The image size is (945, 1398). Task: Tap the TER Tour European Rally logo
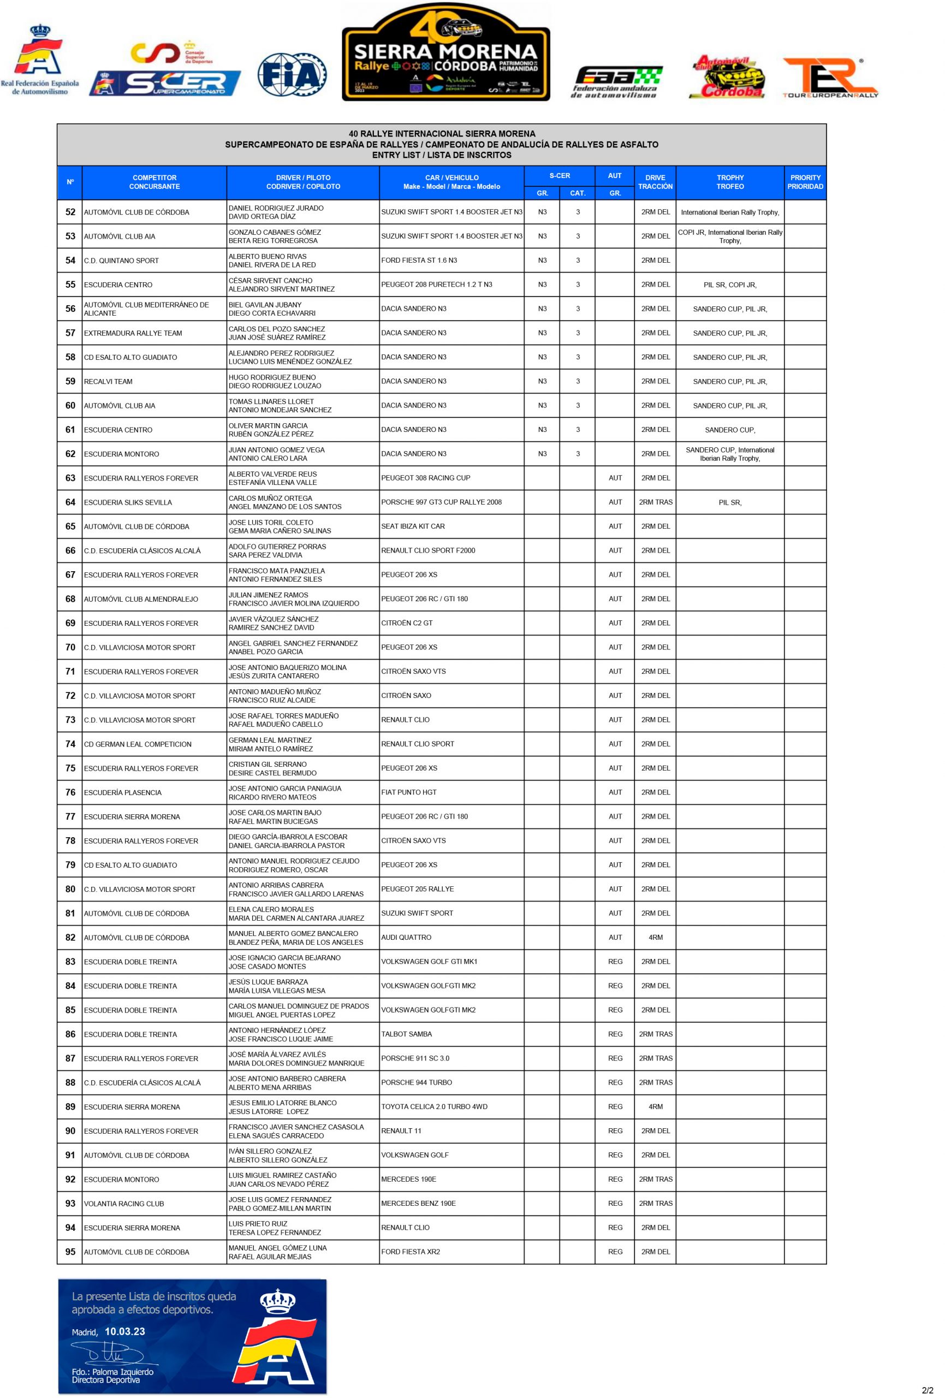click(x=830, y=78)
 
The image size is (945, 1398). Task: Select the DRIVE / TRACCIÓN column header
click(x=655, y=182)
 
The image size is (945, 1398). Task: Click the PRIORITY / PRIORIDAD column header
click(x=805, y=182)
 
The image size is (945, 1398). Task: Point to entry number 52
click(x=70, y=212)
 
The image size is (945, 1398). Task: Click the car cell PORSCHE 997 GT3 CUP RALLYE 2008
click(x=441, y=502)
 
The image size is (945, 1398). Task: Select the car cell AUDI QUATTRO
click(x=406, y=937)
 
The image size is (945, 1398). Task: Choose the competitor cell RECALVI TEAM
click(x=108, y=381)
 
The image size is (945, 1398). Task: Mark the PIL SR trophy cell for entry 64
click(x=730, y=502)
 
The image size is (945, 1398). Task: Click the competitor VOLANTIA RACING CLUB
click(x=124, y=1204)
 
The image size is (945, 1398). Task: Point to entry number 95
click(x=70, y=1252)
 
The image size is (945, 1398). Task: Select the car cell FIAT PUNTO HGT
click(x=408, y=792)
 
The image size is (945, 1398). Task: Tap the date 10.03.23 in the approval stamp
click(x=124, y=1332)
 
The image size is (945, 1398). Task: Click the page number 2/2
click(x=927, y=1390)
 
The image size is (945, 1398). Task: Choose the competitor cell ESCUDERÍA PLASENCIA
click(x=123, y=792)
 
